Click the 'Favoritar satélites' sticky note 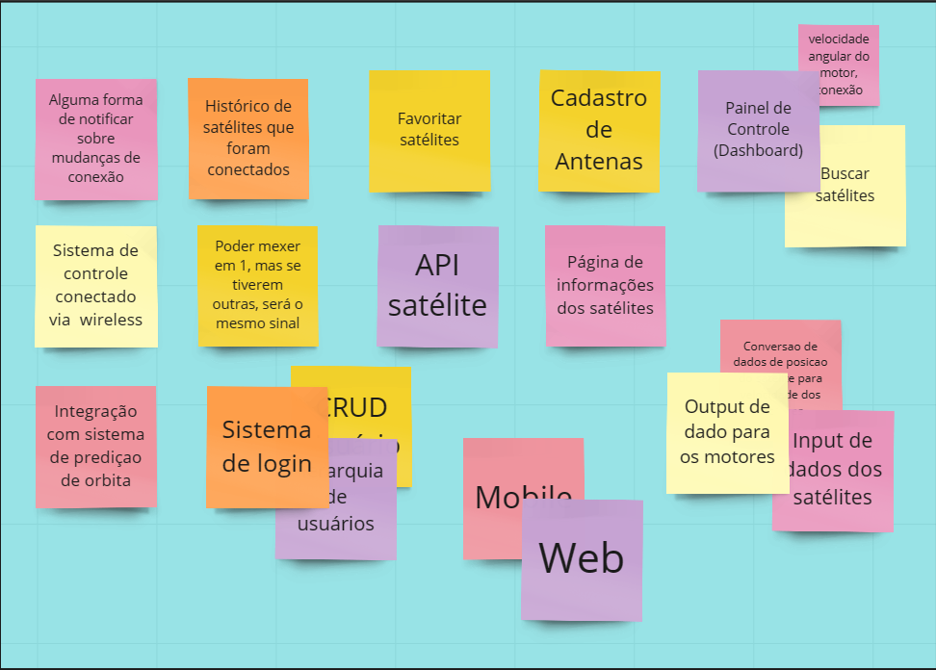pos(429,130)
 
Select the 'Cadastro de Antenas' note pos(599,130)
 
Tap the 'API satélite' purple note pos(437,285)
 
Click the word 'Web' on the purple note pos(581,558)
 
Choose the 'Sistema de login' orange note pos(267,446)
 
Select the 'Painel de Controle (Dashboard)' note pos(758,130)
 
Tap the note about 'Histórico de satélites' pos(248,138)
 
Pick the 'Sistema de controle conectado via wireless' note pos(96,285)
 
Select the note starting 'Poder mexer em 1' pos(257,284)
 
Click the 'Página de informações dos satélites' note pos(605,285)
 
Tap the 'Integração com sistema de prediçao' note pos(95,446)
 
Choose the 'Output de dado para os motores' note pos(727,432)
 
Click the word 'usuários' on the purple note pos(336,525)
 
